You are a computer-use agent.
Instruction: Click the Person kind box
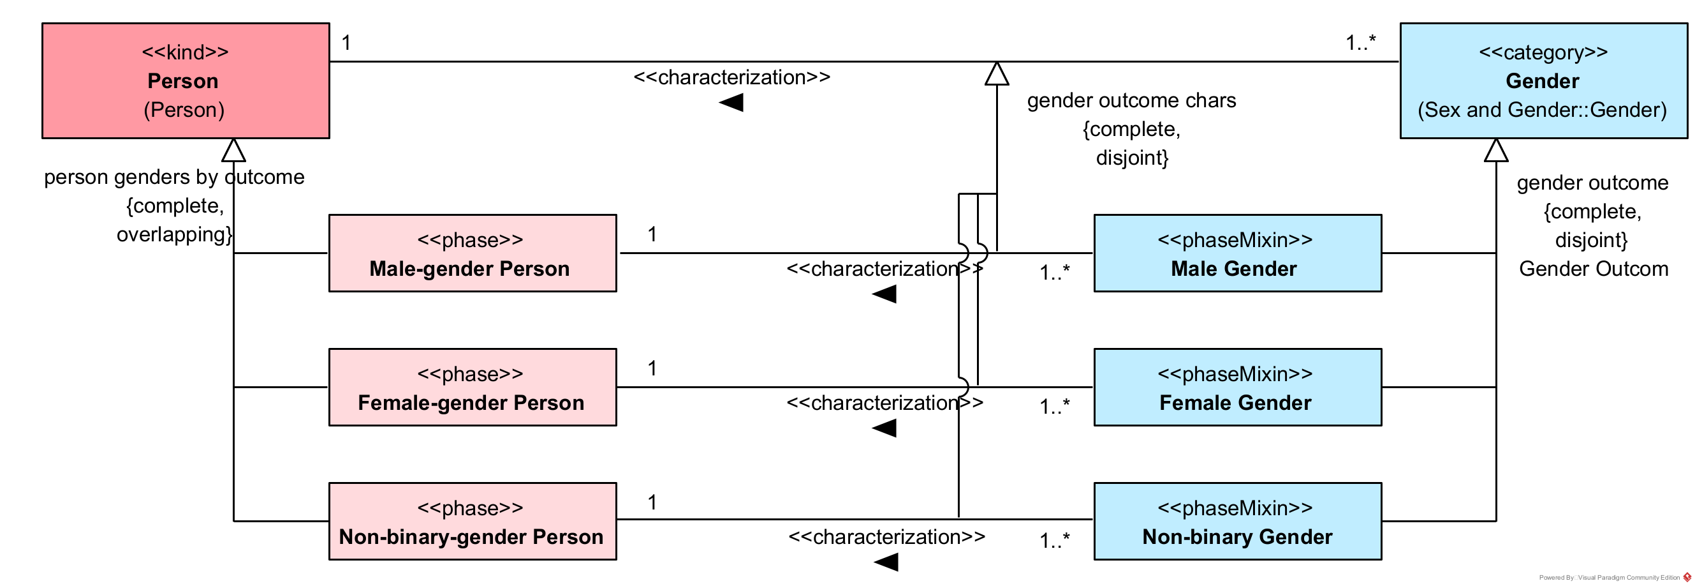[186, 80]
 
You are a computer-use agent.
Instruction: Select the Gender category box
[1543, 80]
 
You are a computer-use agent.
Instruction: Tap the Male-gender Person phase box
[473, 253]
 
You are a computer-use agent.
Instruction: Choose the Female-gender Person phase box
[473, 388]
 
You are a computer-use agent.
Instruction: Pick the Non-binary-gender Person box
[473, 522]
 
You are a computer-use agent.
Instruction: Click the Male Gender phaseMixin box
[1237, 253]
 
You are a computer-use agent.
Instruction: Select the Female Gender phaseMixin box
[1237, 388]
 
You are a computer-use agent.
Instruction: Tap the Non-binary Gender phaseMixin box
[1237, 522]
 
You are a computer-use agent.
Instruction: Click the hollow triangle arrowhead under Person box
[233, 151]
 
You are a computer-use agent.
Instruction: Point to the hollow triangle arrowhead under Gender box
[1496, 151]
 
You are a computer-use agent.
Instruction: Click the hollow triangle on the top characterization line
[997, 75]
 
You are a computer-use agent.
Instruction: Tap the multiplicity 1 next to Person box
[346, 43]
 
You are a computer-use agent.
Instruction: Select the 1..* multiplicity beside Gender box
[1361, 43]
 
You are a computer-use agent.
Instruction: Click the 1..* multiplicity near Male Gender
[1054, 273]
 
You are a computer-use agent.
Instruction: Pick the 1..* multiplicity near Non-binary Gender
[1054, 541]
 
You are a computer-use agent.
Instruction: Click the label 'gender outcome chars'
[1131, 101]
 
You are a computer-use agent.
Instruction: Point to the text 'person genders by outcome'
[173, 177]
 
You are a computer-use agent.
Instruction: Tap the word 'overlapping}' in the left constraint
[174, 235]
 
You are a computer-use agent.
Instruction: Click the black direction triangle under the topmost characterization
[731, 103]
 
